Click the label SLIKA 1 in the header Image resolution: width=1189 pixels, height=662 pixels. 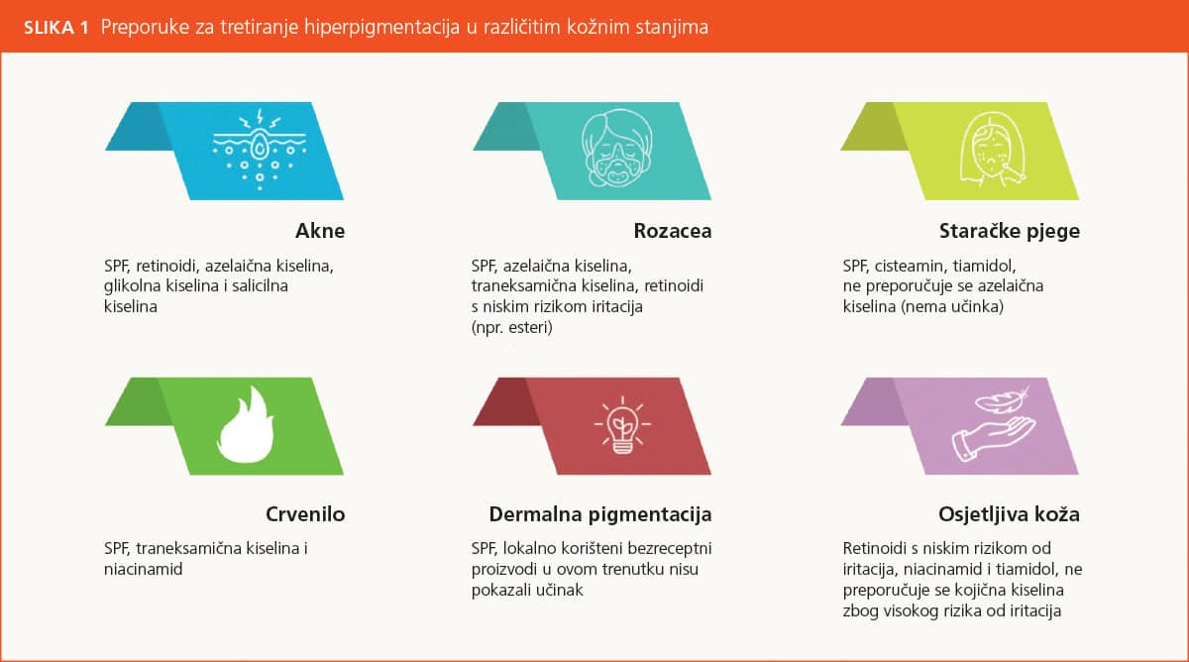tap(56, 27)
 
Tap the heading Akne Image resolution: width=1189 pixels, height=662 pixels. tap(320, 231)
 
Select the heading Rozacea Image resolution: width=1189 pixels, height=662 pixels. tap(673, 231)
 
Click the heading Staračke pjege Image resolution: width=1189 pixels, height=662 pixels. tap(1009, 232)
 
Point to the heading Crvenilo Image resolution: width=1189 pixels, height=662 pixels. tap(305, 514)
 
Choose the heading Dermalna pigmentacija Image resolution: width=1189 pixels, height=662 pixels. tap(600, 514)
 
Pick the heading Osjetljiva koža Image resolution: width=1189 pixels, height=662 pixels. tap(1009, 514)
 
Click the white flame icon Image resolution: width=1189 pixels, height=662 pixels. tap(246, 425)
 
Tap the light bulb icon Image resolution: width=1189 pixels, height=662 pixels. tap(622, 426)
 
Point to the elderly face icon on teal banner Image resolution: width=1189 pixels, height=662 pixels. tap(616, 148)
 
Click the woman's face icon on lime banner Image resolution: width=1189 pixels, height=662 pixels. tap(991, 150)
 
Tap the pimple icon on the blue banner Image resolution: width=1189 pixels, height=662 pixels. tap(260, 150)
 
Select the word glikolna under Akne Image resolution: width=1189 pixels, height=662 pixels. tap(132, 285)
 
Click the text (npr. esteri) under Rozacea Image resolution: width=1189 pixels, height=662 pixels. tap(511, 327)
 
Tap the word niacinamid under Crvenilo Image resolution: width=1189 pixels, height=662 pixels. tap(144, 569)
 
